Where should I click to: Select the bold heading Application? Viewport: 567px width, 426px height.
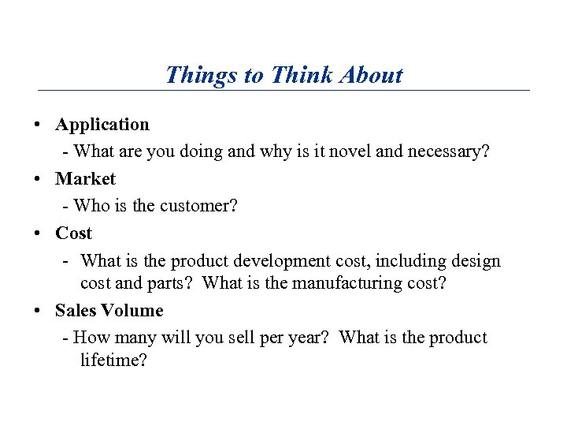coord(102,125)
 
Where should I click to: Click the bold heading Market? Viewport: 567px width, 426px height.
coord(85,179)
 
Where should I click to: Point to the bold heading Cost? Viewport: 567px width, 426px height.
coord(73,234)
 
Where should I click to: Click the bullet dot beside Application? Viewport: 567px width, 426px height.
coord(38,125)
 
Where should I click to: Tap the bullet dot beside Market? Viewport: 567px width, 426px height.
coord(38,180)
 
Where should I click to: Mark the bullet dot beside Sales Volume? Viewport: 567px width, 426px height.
coord(38,312)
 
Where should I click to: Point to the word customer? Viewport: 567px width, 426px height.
coord(198,206)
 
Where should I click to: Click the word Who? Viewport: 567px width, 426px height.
coord(91,206)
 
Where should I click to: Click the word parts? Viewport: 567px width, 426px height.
coord(174,283)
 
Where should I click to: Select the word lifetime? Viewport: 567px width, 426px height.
coord(113,361)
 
